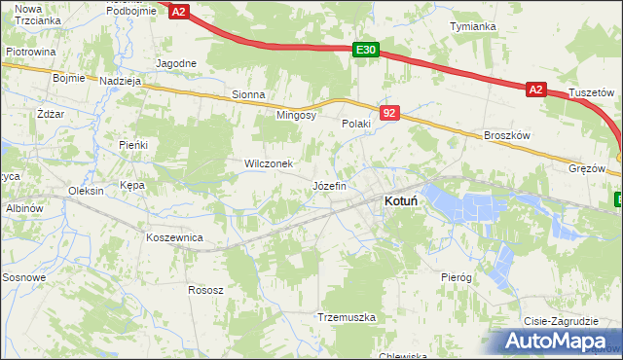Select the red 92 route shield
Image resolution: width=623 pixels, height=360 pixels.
[389, 114]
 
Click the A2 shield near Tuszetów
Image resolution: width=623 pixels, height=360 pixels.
[535, 89]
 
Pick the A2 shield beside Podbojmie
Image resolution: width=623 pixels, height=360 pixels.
[178, 11]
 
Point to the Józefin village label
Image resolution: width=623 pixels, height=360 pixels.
[329, 185]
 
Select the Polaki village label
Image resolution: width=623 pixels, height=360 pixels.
[356, 125]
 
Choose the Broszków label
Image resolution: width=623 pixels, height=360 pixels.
[506, 137]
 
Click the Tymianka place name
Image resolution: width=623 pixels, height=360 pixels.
[473, 26]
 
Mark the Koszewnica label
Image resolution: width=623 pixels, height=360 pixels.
[173, 237]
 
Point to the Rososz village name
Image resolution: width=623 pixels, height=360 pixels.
[206, 290]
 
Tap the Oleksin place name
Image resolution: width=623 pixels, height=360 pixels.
[86, 191]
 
